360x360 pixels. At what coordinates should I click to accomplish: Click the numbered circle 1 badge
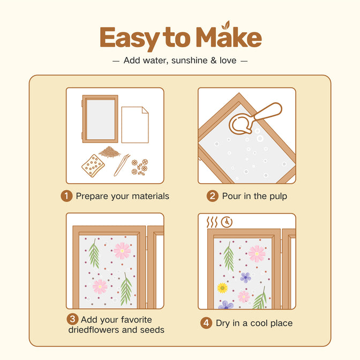[x=66, y=196]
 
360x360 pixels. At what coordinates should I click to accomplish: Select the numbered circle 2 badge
[x=213, y=196]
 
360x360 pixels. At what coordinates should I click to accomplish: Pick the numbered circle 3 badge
[x=72, y=319]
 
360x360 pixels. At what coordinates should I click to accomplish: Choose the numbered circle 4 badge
[x=206, y=323]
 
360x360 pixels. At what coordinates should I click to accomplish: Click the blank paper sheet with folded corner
[x=135, y=125]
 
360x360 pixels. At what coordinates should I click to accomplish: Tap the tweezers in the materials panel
[x=122, y=165]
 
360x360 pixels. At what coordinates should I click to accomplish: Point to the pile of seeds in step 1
[x=110, y=152]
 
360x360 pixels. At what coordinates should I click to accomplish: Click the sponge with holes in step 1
[x=93, y=166]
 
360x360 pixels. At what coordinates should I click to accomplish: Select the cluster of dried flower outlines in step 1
[x=140, y=167]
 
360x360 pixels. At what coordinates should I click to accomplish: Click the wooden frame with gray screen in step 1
[x=100, y=119]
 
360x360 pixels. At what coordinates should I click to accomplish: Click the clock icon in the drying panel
[x=227, y=222]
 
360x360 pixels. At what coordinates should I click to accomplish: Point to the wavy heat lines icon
[x=212, y=222]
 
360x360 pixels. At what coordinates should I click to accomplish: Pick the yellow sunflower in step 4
[x=222, y=288]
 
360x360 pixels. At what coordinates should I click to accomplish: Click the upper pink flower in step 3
[x=122, y=251]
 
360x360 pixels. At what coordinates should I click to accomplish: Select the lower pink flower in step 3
[x=100, y=287]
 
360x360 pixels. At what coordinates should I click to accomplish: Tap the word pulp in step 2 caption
[x=278, y=197]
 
